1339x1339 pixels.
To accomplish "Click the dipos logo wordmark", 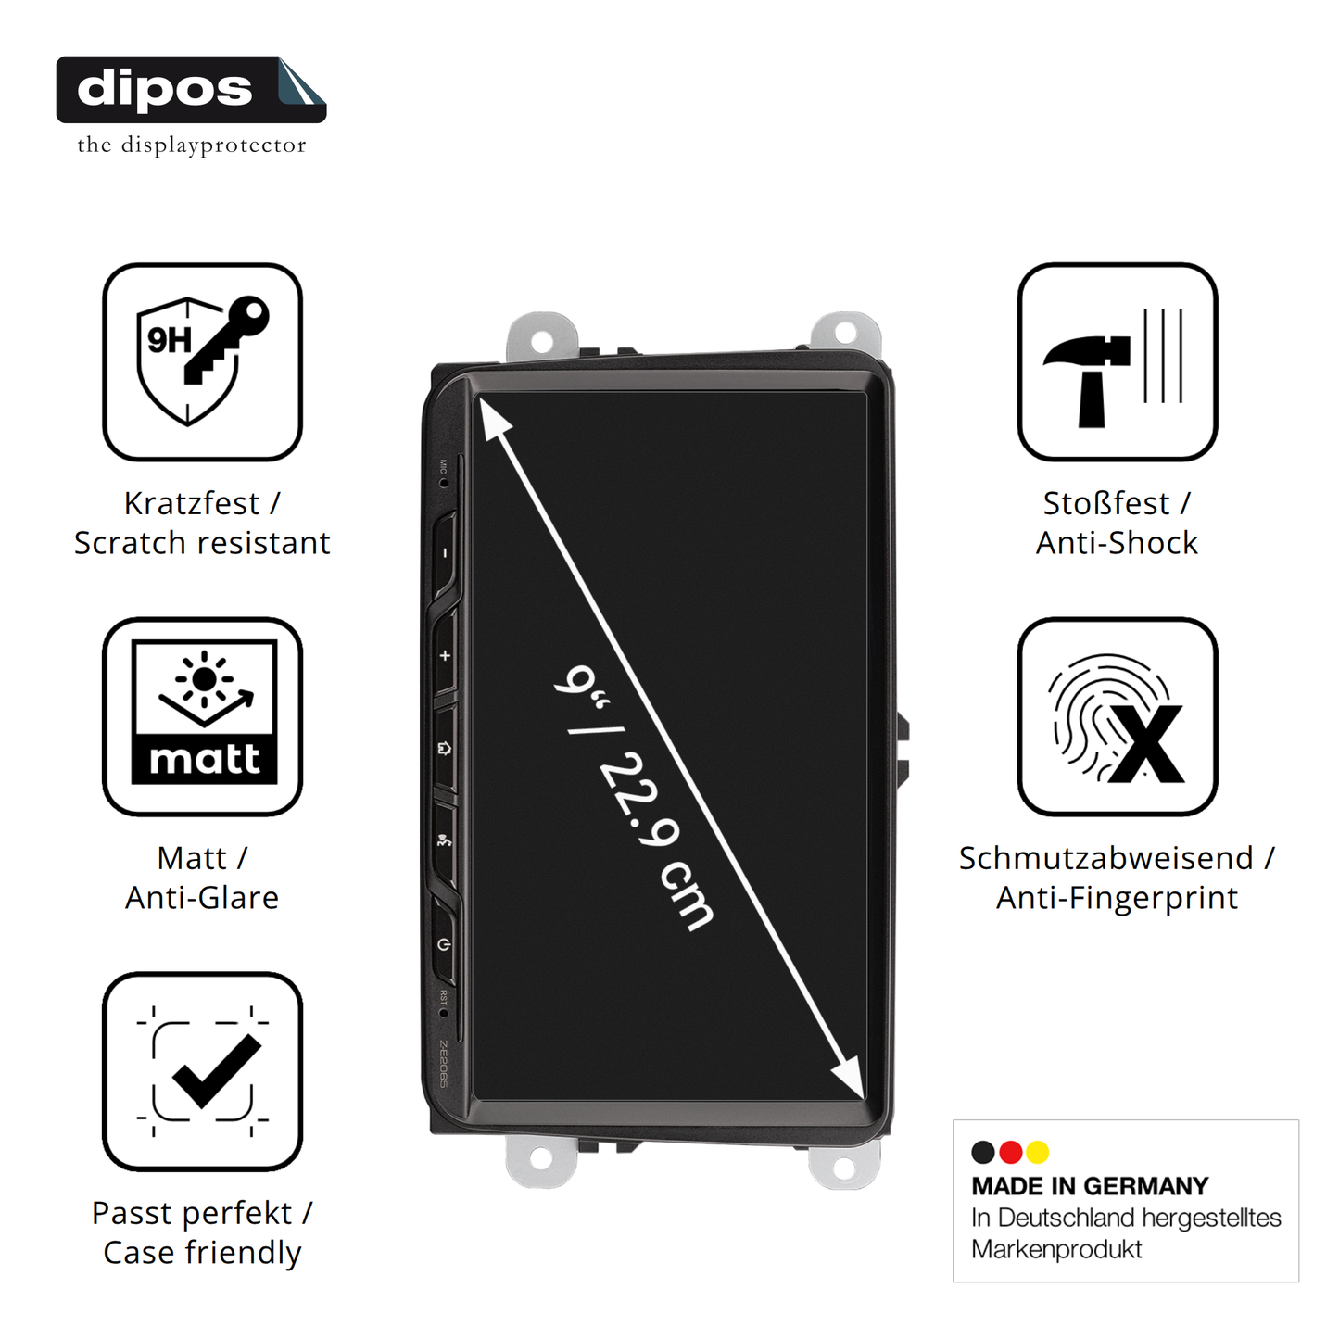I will (165, 89).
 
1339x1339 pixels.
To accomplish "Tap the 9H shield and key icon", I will (202, 361).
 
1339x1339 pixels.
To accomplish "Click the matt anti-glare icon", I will (202, 715).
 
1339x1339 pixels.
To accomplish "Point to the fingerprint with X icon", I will (1117, 715).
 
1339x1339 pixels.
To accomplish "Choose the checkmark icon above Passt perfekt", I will (202, 1071).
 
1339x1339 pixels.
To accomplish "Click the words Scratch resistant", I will (202, 543).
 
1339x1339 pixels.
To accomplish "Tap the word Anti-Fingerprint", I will (1117, 898).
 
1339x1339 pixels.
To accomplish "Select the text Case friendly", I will (202, 1253).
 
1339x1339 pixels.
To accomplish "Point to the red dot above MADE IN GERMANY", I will (1010, 1152).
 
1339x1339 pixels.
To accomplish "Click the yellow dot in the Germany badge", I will (1037, 1152).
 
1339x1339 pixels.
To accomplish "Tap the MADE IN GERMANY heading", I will (1090, 1186).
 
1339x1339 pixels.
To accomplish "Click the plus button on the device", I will (445, 656).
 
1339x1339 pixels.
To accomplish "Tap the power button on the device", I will (445, 944).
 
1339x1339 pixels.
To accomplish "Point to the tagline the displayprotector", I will (191, 145).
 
